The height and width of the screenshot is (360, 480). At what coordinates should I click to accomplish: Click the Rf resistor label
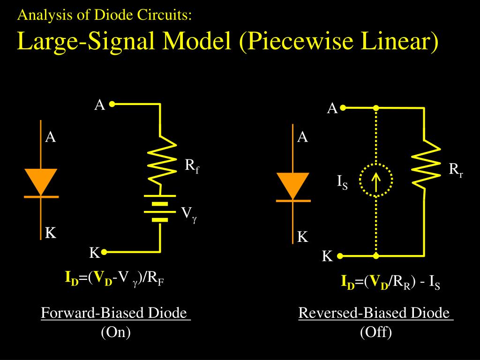click(x=192, y=166)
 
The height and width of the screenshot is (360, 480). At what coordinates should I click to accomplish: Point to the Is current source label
click(x=342, y=182)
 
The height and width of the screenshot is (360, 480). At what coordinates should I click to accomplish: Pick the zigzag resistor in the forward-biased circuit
click(x=161, y=163)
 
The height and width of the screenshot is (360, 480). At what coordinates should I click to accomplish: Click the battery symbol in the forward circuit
click(x=160, y=208)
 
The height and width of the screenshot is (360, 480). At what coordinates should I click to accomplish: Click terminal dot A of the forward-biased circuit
click(x=112, y=104)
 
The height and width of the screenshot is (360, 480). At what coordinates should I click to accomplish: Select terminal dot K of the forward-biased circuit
click(x=104, y=252)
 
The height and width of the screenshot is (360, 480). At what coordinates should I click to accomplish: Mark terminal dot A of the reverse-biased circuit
click(x=343, y=108)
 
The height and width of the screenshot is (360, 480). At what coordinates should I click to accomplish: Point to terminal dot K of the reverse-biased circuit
click(x=340, y=256)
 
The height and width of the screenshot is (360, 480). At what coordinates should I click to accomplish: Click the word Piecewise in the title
click(x=299, y=41)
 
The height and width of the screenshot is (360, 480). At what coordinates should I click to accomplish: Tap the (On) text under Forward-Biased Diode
click(x=116, y=332)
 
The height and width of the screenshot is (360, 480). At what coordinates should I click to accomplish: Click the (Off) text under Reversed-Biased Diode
click(x=376, y=332)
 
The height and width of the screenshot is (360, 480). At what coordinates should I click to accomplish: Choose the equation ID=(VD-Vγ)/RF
click(x=114, y=278)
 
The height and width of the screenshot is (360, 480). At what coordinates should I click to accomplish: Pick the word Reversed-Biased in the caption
click(x=352, y=313)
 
